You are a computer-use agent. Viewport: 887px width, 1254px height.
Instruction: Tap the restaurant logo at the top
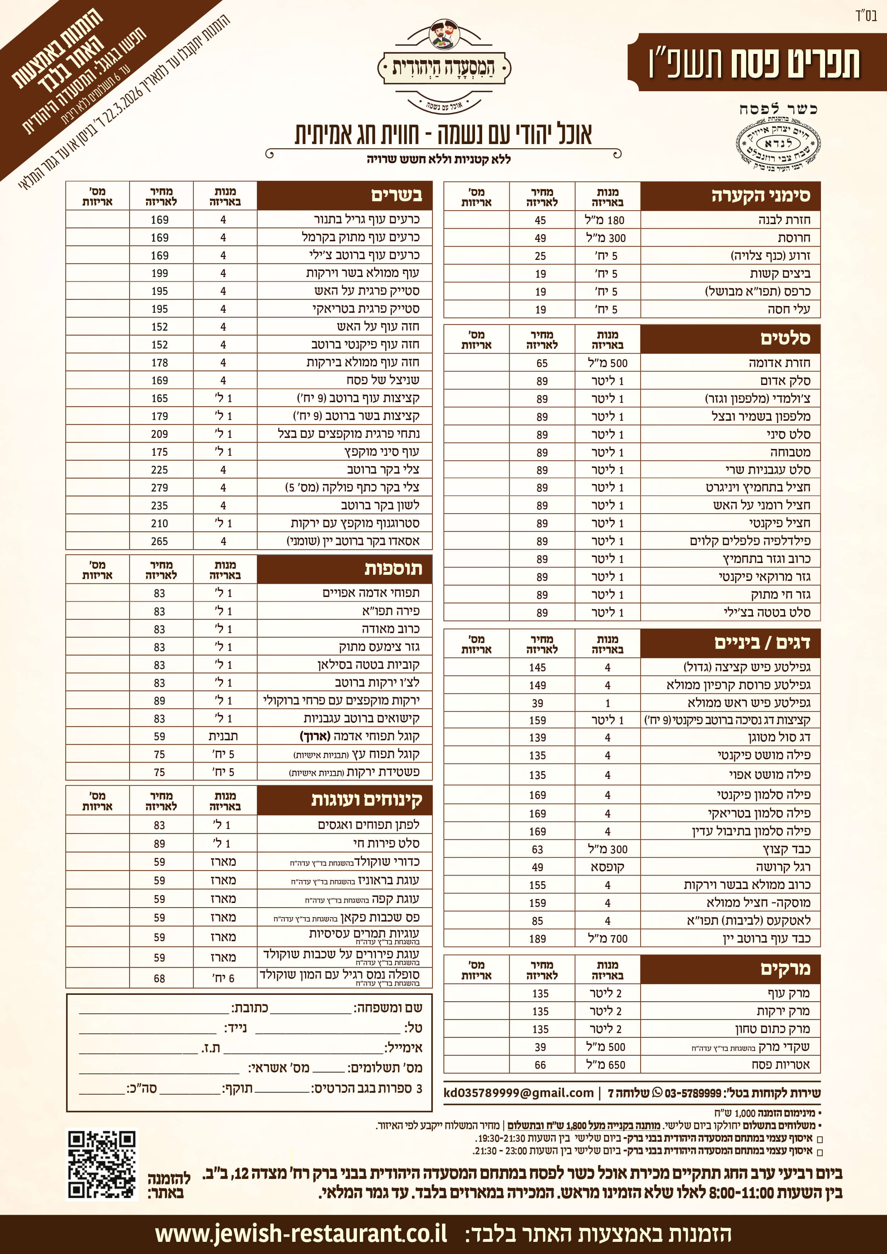(x=444, y=66)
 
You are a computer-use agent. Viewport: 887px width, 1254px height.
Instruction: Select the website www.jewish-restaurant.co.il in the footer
(x=301, y=1234)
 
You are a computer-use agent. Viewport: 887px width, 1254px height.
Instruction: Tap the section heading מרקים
(x=785, y=969)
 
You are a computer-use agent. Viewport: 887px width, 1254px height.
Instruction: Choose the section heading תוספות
(x=393, y=569)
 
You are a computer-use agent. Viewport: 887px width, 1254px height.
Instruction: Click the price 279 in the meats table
(x=160, y=488)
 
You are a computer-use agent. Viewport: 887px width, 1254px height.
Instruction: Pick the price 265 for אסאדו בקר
(x=160, y=541)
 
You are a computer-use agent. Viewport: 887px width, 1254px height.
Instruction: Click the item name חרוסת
(x=794, y=238)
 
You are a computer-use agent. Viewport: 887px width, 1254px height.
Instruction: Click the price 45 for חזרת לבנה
(x=540, y=220)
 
